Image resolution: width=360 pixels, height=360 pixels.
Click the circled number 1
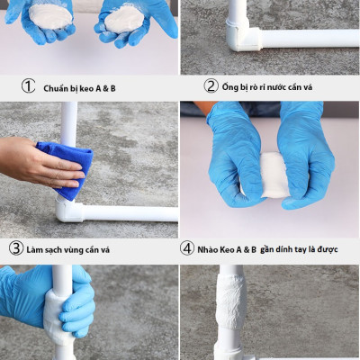click(29, 86)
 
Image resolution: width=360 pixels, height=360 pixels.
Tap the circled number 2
click(211, 86)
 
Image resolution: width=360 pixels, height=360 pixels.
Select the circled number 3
click(16, 248)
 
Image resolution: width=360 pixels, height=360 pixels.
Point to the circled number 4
click(187, 248)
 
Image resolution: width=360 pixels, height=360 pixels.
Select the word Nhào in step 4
click(208, 249)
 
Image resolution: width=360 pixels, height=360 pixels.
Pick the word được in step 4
click(328, 249)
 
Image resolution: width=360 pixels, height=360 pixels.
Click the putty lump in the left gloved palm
click(50, 16)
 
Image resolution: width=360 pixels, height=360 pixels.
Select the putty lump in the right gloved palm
click(124, 19)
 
